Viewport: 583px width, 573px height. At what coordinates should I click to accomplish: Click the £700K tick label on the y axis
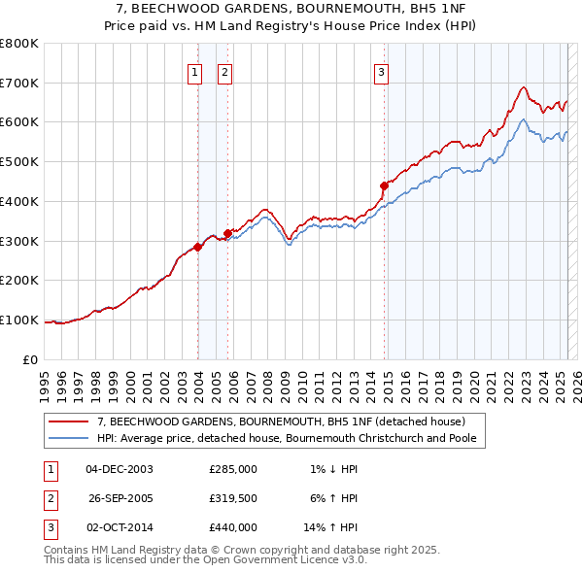tap(18, 83)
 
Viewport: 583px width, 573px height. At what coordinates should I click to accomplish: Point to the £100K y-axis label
tap(18, 320)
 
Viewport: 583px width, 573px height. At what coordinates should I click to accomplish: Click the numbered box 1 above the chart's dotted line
tap(194, 71)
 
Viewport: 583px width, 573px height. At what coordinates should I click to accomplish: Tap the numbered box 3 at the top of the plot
tap(381, 71)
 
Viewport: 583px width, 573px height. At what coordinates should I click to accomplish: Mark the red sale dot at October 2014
tap(384, 185)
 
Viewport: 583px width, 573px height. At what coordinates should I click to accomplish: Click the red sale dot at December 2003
tap(198, 247)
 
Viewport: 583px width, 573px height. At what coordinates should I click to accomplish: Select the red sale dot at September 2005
tap(228, 233)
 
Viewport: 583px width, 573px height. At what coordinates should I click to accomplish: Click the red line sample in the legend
tap(69, 421)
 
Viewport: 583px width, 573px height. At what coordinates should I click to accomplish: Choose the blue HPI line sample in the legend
tap(69, 438)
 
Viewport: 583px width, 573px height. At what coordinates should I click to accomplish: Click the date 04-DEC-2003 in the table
tap(120, 469)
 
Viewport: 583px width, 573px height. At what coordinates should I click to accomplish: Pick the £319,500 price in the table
tap(232, 498)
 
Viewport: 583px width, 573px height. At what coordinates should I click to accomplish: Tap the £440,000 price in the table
tap(232, 527)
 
